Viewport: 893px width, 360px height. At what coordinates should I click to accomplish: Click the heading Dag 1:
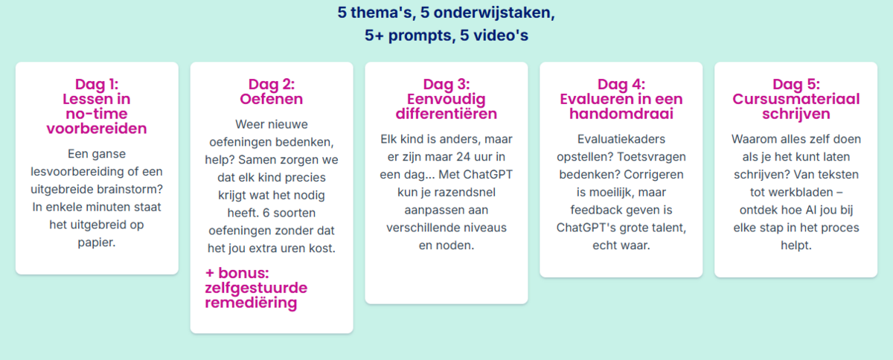[x=97, y=84]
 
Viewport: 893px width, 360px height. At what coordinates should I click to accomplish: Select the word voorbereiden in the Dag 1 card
[x=97, y=129]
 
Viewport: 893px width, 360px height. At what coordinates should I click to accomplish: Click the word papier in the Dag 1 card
[x=95, y=242]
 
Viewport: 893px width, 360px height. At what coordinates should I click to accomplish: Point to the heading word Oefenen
[x=272, y=99]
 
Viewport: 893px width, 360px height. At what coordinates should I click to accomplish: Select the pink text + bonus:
[x=237, y=273]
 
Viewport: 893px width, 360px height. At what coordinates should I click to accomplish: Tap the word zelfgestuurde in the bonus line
[x=256, y=288]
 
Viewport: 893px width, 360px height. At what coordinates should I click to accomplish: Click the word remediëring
[x=252, y=303]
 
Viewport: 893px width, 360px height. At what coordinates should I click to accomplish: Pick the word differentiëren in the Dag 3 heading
[x=446, y=114]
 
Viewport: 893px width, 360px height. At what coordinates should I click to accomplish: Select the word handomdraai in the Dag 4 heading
[x=621, y=114]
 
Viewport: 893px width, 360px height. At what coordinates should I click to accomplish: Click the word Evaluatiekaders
[x=621, y=139]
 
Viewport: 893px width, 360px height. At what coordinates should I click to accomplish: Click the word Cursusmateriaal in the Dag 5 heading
[x=796, y=99]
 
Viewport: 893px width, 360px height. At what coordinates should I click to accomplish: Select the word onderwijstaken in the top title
[x=494, y=13]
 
